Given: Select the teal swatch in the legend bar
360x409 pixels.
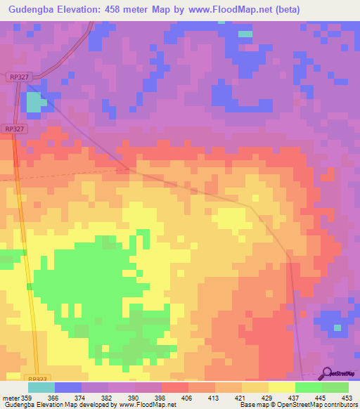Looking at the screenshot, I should tap(41, 387).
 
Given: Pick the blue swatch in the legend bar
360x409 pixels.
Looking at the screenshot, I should tap(67, 387).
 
